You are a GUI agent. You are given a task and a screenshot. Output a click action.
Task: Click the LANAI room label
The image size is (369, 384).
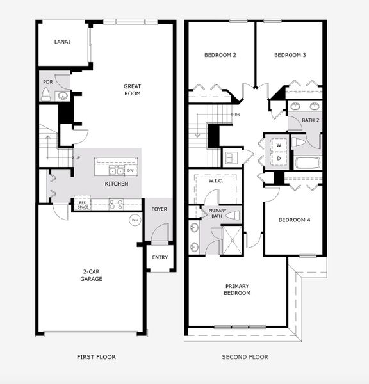[62, 42]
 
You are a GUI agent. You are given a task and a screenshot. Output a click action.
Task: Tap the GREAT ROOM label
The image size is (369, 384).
[132, 90]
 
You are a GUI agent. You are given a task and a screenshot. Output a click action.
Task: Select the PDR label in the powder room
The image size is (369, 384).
[47, 82]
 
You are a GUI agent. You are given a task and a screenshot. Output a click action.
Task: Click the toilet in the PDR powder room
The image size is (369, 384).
[45, 95]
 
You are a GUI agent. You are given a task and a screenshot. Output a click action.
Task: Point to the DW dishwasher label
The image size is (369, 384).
[130, 171]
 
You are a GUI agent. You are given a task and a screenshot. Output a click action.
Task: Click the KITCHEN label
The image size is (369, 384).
[117, 184]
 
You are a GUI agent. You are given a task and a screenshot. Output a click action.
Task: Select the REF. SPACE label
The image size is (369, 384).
[83, 205]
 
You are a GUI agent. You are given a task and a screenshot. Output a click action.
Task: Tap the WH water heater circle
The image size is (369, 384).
[135, 220]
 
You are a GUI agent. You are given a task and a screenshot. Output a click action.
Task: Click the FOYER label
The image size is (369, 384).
[159, 209]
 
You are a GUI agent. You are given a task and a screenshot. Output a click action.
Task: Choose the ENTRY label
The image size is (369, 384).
[160, 258]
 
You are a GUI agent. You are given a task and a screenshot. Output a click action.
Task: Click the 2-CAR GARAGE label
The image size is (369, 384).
[90, 275]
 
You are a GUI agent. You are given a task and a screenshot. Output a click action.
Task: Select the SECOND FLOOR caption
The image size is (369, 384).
[245, 357]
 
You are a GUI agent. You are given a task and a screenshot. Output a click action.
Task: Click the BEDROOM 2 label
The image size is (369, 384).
[220, 55]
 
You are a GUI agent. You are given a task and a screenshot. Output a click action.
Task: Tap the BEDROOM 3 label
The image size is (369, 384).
[290, 55]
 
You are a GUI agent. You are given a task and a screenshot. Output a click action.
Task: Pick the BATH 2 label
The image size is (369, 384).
[310, 120]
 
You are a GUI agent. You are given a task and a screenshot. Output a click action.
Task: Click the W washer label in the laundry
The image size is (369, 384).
[279, 145]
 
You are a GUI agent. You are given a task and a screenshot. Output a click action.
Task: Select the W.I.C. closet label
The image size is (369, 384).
[215, 180]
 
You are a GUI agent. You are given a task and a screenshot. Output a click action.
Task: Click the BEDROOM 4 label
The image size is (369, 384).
[294, 220]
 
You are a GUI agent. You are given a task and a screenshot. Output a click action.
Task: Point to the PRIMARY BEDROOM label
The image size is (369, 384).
[238, 289]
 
